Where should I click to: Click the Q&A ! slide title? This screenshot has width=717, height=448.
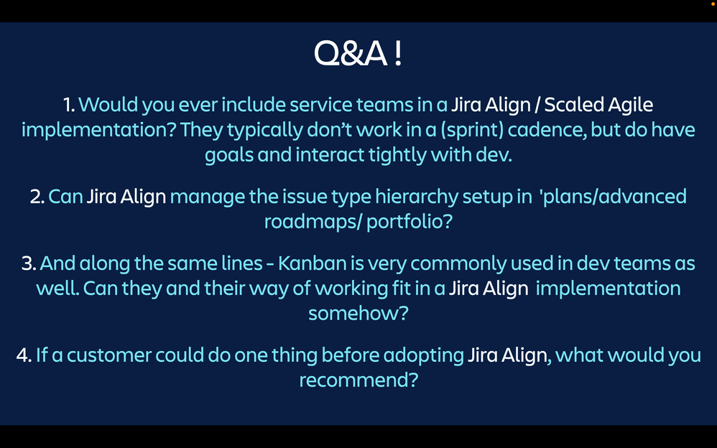tap(358, 53)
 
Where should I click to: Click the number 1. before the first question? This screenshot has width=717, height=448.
tap(70, 105)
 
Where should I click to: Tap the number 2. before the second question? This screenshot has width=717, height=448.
tap(37, 197)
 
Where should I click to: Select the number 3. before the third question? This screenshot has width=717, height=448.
tap(29, 263)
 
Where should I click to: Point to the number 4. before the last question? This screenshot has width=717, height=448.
tap(24, 355)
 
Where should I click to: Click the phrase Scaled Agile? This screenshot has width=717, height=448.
tap(598, 105)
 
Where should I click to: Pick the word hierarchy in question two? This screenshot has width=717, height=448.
tap(417, 197)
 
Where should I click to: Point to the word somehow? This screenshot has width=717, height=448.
tap(358, 313)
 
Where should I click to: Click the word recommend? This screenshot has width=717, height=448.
tap(358, 380)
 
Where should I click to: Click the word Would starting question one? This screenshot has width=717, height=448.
tap(108, 105)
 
